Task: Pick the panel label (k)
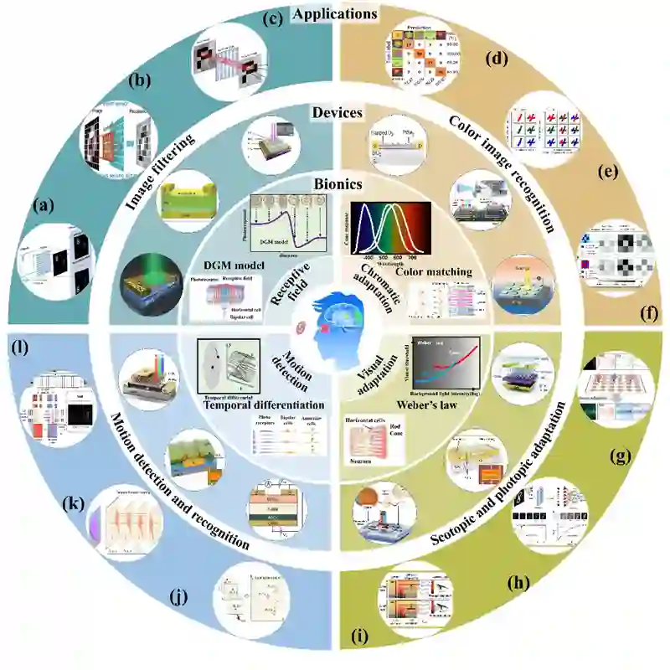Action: pyautogui.click(x=74, y=505)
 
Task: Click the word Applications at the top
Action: pyautogui.click(x=335, y=14)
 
